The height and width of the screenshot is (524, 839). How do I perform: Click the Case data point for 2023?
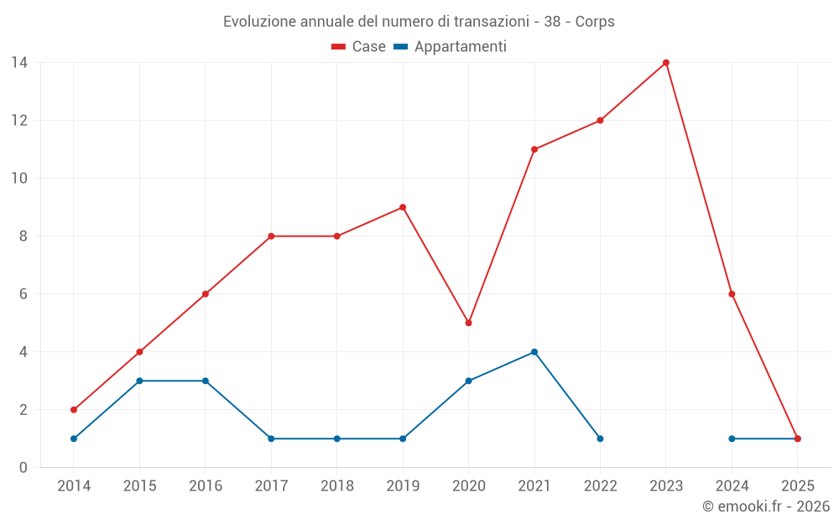click(x=666, y=63)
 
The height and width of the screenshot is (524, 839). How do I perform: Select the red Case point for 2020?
click(x=468, y=323)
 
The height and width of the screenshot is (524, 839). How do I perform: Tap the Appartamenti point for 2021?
click(x=534, y=352)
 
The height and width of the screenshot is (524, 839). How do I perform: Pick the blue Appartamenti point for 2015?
click(x=139, y=381)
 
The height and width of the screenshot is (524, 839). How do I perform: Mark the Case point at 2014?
click(x=74, y=410)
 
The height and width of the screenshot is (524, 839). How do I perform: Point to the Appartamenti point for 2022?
click(x=600, y=438)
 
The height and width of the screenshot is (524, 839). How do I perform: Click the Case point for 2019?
click(x=403, y=207)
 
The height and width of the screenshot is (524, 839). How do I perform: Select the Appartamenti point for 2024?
click(x=732, y=438)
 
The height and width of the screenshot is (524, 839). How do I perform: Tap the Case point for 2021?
click(x=534, y=149)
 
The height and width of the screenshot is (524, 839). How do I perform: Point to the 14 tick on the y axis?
click(x=19, y=63)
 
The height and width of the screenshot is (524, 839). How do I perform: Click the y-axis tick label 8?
click(x=23, y=236)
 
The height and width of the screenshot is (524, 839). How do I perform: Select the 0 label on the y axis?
click(x=23, y=468)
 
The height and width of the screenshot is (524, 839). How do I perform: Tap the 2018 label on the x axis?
click(x=337, y=486)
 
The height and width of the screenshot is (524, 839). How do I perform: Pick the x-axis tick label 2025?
click(x=798, y=486)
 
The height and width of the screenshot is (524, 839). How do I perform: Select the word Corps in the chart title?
click(x=595, y=22)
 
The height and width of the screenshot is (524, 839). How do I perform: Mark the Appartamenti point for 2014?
click(x=74, y=438)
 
